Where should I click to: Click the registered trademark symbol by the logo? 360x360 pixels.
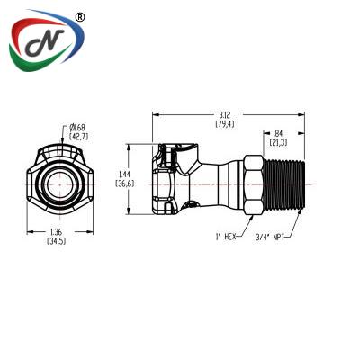[79, 17]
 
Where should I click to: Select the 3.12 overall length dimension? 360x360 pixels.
[225, 119]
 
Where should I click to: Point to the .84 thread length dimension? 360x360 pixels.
[278, 138]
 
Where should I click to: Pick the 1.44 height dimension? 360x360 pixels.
[125, 179]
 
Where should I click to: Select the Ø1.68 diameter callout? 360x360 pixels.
[79, 132]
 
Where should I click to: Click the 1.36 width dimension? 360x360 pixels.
[57, 237]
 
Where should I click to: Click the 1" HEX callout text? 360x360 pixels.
[226, 237]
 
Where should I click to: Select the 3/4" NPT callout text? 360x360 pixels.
[270, 238]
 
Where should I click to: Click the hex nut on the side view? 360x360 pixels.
[254, 184]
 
